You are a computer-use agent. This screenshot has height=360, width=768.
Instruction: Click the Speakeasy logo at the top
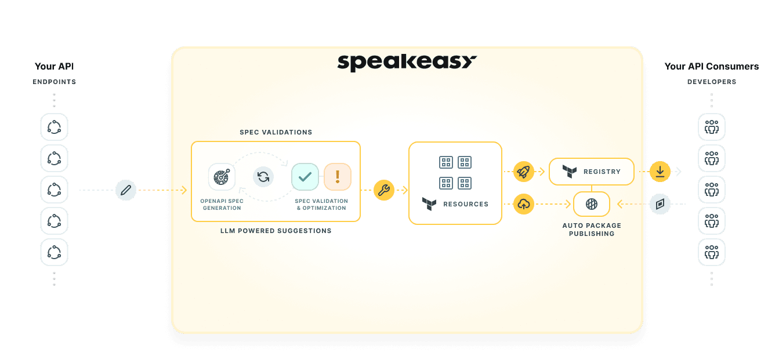click(407, 62)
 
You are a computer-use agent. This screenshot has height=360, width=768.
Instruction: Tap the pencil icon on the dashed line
click(126, 190)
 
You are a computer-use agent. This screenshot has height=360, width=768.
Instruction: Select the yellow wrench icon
click(384, 190)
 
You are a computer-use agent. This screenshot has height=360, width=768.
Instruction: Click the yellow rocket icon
click(523, 172)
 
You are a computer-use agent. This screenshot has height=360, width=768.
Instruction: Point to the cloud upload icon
click(523, 203)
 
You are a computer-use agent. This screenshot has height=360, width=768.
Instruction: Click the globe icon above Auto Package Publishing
click(592, 204)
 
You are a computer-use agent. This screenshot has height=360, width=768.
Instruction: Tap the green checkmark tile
click(305, 177)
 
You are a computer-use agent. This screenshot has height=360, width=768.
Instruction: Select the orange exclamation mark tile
click(338, 177)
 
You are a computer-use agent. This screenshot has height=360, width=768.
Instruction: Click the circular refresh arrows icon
click(263, 177)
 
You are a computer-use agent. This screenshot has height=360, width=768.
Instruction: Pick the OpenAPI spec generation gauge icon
click(222, 177)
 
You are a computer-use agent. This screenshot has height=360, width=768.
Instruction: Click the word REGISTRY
click(602, 172)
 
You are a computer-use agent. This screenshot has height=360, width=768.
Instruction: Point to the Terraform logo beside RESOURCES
click(429, 204)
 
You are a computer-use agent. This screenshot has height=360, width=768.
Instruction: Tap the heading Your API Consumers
click(712, 67)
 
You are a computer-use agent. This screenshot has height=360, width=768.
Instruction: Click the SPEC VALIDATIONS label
click(276, 132)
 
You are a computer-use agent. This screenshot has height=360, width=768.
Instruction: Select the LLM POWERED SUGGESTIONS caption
click(276, 231)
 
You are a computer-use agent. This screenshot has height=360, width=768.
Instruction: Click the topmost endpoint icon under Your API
click(54, 127)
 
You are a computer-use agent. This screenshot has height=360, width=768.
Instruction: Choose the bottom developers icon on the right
click(712, 252)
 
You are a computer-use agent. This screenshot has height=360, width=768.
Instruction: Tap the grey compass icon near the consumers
click(660, 204)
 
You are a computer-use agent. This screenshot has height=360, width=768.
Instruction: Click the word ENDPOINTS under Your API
click(54, 82)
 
